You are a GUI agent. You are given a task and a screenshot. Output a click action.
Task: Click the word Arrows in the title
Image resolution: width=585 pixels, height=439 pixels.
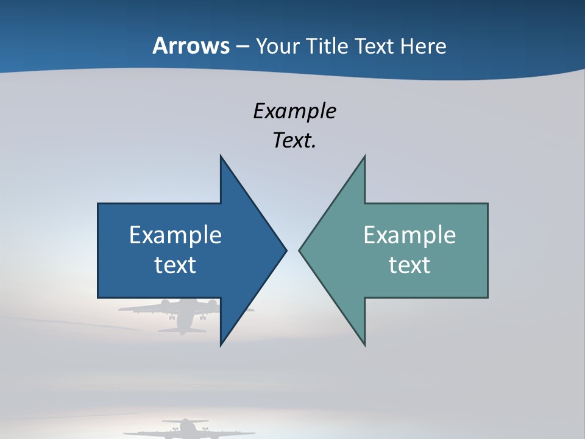(191, 46)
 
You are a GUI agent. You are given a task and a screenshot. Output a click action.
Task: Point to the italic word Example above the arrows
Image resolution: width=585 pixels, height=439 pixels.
(294, 111)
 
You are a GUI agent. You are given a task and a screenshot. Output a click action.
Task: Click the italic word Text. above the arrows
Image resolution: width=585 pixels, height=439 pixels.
(294, 141)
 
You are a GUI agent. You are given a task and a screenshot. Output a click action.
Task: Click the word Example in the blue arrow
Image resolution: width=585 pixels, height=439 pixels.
(175, 235)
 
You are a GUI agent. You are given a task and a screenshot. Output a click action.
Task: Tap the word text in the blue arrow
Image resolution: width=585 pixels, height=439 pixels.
(175, 265)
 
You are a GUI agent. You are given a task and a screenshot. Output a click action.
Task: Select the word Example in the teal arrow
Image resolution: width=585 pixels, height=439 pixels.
(409, 235)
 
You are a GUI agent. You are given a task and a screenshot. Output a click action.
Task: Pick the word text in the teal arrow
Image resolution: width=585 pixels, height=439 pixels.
(409, 265)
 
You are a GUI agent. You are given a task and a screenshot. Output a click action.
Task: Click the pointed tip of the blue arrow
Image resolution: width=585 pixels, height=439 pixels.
(285, 250)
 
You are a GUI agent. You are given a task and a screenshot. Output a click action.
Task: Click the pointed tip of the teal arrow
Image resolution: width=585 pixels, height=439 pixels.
(300, 250)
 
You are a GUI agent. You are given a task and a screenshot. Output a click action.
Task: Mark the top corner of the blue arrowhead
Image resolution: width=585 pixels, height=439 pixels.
(221, 156)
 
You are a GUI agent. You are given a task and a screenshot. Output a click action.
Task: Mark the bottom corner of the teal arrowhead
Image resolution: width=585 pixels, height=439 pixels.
(364, 345)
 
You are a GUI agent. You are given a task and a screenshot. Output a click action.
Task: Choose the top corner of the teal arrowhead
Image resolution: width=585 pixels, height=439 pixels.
(364, 156)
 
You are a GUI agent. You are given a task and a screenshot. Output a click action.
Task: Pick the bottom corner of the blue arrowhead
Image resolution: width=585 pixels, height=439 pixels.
(221, 345)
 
